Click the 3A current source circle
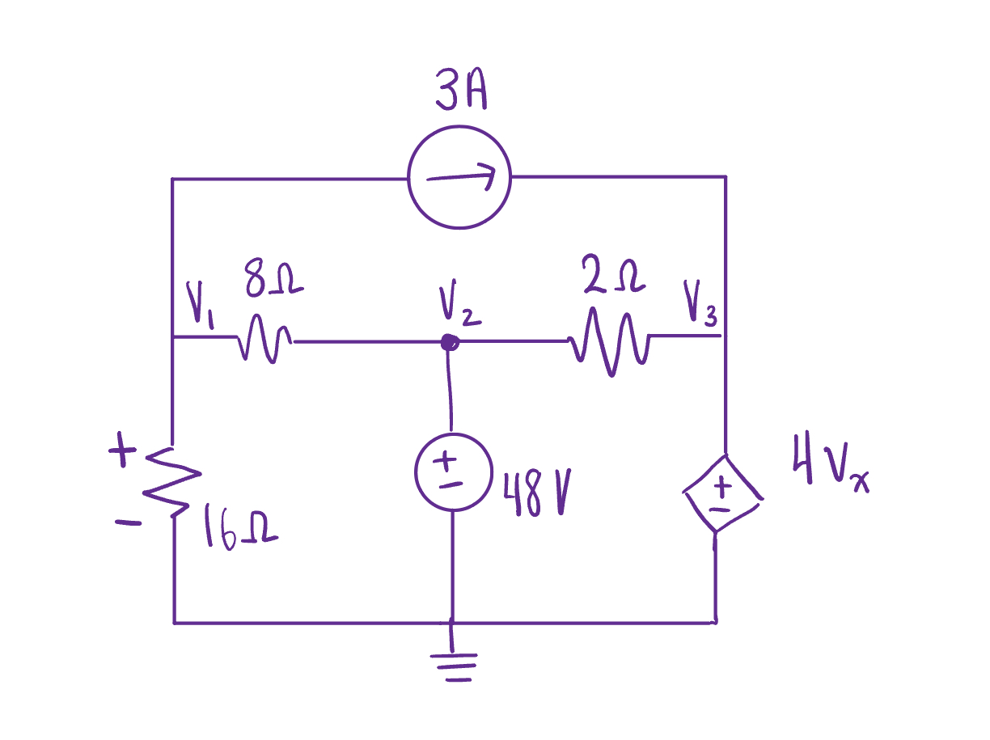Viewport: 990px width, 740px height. point(459,178)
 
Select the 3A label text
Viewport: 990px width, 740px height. point(461,95)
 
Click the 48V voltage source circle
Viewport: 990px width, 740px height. point(452,472)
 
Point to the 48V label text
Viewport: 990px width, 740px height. point(535,494)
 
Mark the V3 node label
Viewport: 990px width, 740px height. point(700,303)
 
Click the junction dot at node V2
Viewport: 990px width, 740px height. point(449,343)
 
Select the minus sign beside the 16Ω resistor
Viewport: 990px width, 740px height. point(128,522)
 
